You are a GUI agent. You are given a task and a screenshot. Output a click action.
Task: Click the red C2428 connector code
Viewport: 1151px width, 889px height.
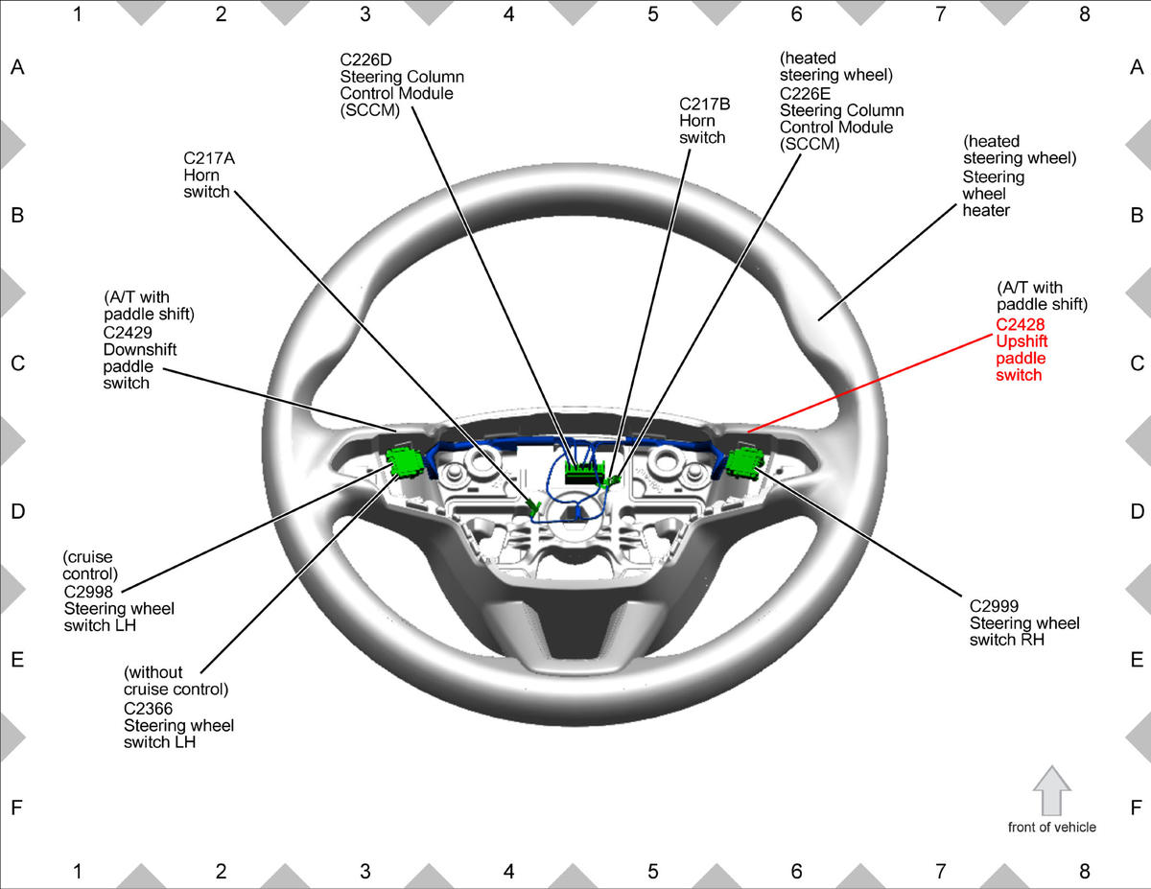[1021, 324]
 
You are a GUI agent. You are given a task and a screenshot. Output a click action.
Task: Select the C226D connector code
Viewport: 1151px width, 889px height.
[365, 59]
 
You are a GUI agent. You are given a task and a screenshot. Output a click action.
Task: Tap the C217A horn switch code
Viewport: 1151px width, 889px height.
[209, 158]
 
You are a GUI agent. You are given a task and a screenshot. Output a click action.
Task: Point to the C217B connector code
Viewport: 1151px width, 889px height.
[704, 105]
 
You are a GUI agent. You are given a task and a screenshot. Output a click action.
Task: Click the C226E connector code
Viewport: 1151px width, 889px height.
[805, 94]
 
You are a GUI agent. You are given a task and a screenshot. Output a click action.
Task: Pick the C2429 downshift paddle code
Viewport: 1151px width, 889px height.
[128, 333]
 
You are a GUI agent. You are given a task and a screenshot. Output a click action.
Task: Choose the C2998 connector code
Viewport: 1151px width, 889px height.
[88, 592]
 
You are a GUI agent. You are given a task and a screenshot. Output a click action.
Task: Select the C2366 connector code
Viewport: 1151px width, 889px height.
[149, 709]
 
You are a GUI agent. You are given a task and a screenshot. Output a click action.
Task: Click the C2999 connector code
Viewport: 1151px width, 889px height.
[995, 606]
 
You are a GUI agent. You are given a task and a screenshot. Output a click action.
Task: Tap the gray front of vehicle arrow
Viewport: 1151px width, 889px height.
[1052, 791]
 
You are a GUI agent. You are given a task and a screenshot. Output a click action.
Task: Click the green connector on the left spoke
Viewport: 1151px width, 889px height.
[405, 462]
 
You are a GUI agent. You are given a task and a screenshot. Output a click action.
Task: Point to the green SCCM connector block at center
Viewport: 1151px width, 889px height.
[585, 471]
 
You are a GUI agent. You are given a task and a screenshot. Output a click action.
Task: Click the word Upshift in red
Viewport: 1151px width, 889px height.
[1022, 341]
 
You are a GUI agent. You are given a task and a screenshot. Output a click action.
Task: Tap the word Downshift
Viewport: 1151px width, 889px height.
[140, 349]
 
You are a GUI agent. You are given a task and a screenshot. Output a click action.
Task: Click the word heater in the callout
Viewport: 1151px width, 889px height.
[986, 211]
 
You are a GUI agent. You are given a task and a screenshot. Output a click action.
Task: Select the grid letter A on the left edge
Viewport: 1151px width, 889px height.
[17, 67]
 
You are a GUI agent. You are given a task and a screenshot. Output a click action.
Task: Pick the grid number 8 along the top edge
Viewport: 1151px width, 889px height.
[1084, 14]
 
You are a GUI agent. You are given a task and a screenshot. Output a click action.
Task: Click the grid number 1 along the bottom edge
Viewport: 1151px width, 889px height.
[78, 871]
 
